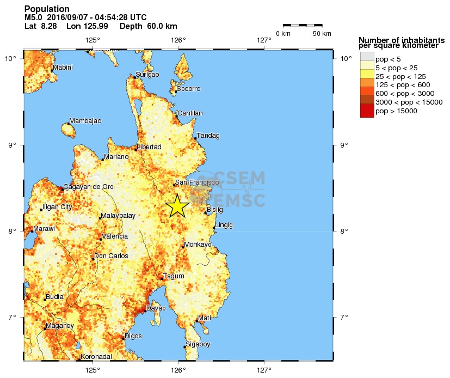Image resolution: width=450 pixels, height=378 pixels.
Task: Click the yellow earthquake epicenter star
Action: click(177, 206)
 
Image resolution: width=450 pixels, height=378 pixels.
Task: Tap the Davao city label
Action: click(156, 308)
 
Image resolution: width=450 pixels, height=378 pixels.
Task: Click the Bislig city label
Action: click(215, 210)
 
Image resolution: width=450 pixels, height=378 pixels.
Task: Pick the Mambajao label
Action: click(86, 120)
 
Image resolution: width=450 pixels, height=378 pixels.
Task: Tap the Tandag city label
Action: click(208, 136)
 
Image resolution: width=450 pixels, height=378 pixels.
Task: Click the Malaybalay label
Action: click(118, 216)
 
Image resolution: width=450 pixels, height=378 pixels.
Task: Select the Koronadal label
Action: click(96, 357)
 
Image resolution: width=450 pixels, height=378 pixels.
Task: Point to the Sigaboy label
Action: click(198, 344)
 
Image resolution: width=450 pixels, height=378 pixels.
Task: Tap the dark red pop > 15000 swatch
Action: click(367, 111)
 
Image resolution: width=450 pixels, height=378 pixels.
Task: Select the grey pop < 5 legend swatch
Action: click(367, 56)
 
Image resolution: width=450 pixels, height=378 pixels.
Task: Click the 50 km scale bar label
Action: click(322, 34)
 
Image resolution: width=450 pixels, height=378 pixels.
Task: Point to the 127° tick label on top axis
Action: click(264, 40)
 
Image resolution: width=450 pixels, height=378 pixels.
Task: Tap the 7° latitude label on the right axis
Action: click(344, 318)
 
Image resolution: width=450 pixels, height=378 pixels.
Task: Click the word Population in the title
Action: click(47, 9)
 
